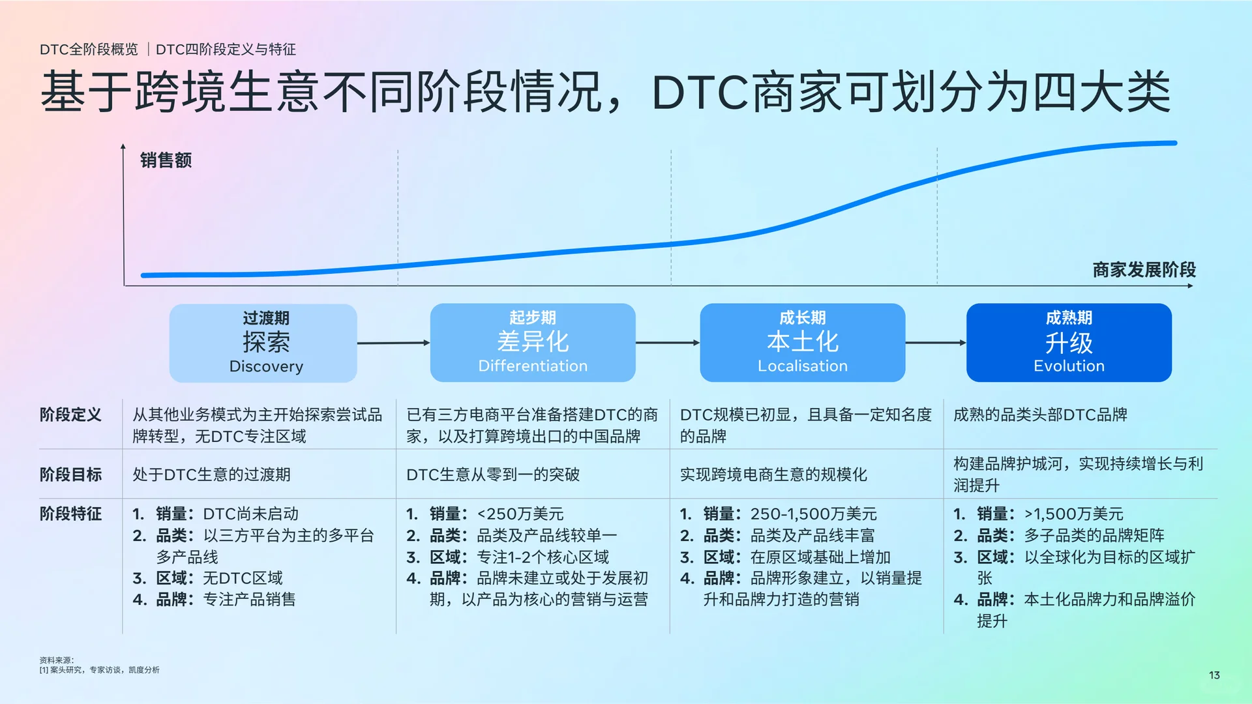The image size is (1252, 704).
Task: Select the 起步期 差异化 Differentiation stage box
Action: pos(533,343)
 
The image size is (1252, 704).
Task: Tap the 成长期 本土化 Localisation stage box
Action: pos(802,343)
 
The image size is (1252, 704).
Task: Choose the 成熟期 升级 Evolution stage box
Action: pos(1069,343)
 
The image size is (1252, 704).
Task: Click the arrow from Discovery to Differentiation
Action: pos(393,343)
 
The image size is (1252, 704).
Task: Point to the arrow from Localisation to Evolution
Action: pos(936,343)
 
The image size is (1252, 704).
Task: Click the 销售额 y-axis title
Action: pos(166,160)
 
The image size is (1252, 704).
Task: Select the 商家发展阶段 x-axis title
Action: pos(1144,270)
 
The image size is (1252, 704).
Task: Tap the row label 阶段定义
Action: pos(70,415)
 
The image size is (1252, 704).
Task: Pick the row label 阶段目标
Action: pos(70,475)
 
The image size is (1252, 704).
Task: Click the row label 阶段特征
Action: pos(70,514)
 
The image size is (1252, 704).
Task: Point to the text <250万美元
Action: pos(520,514)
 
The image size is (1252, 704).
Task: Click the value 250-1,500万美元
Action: pos(813,514)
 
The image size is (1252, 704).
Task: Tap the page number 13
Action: pos(1214,675)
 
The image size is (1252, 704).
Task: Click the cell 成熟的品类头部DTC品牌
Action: pos(1040,415)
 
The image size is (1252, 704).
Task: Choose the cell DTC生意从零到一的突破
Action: pos(493,475)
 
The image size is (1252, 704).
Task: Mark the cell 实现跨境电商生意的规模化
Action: pos(773,475)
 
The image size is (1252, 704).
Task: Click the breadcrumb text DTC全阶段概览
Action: pos(89,50)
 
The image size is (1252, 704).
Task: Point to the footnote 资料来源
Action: pos(57,660)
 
